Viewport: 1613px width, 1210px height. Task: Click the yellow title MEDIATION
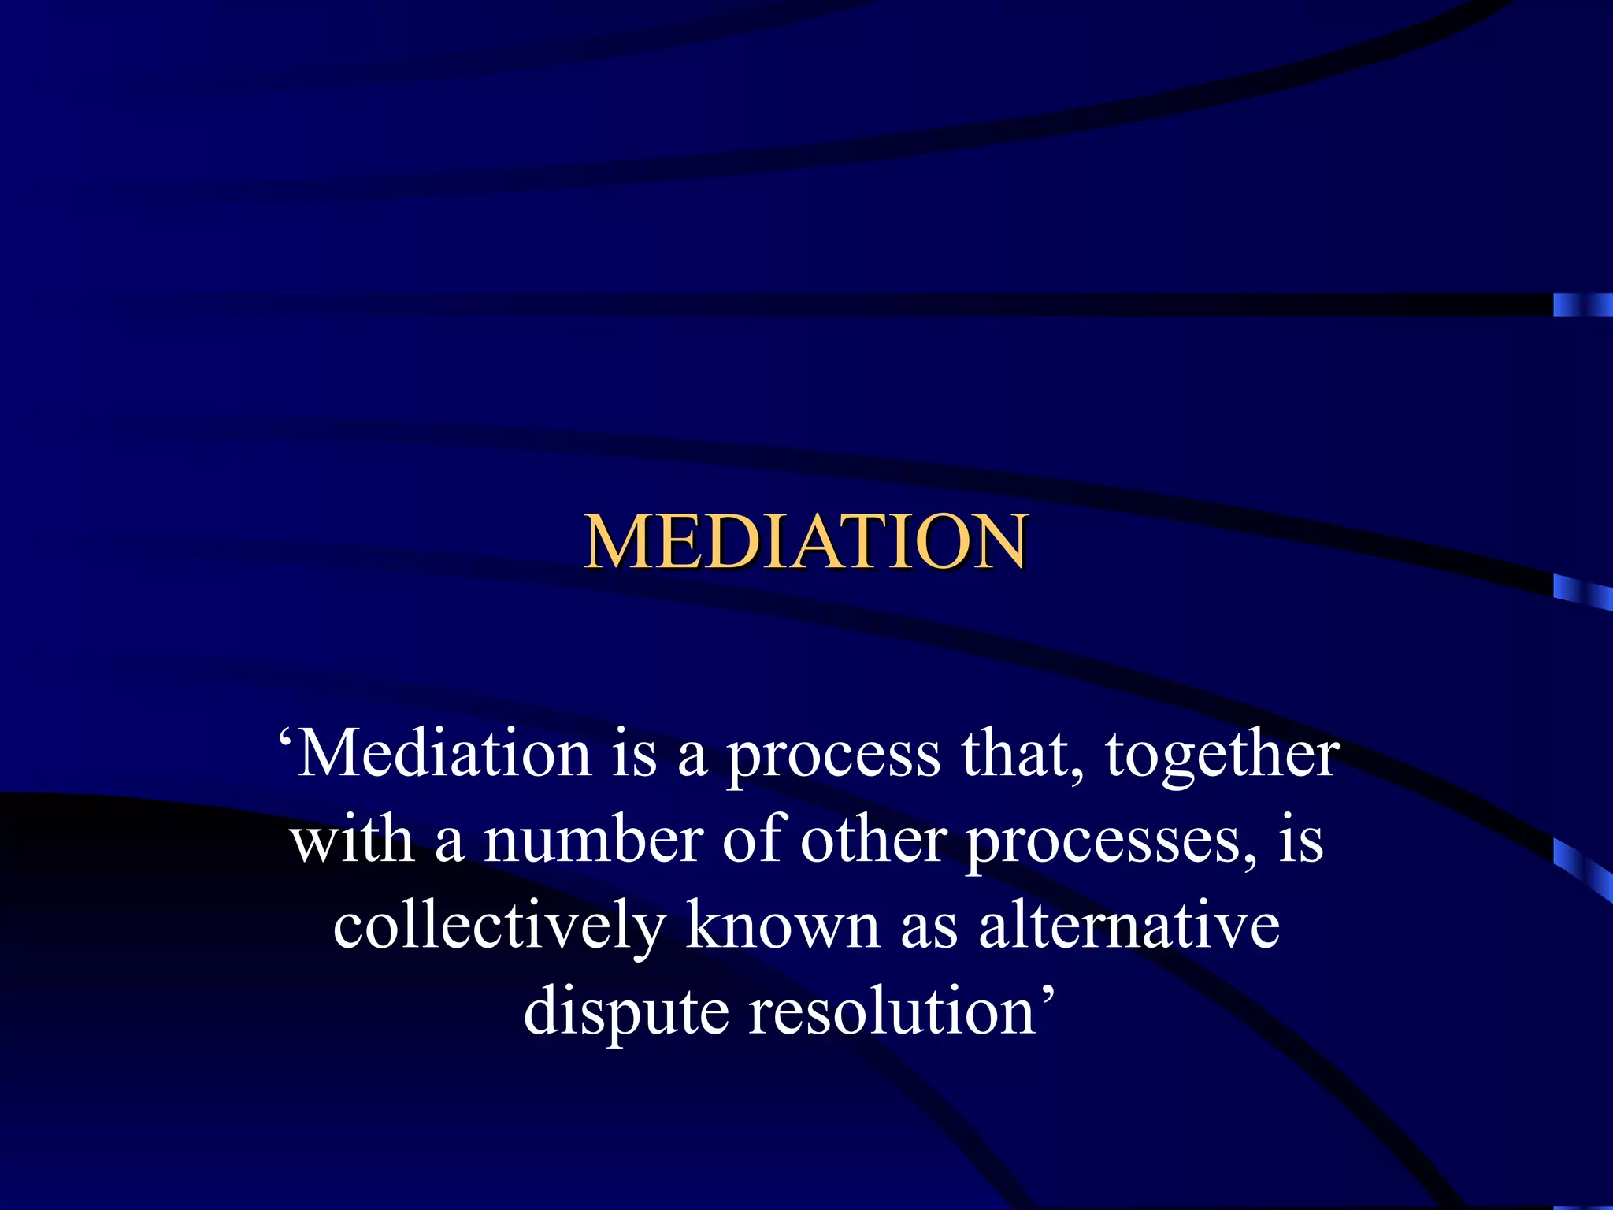(x=805, y=541)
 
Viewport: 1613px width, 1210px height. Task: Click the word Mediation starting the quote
(x=444, y=753)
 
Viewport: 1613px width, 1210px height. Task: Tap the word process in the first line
(x=832, y=756)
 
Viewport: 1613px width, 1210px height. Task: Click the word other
(x=873, y=840)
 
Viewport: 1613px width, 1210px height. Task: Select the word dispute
(x=626, y=1013)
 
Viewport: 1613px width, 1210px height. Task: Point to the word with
(x=352, y=840)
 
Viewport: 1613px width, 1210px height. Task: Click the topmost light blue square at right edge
(x=1582, y=304)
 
